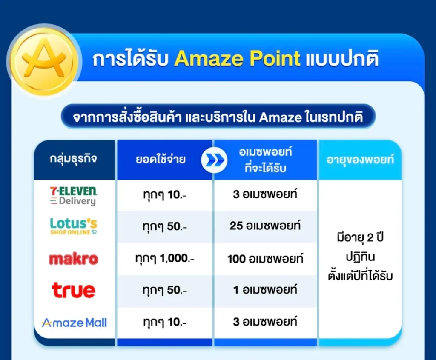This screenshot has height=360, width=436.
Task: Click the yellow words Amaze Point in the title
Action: point(237,59)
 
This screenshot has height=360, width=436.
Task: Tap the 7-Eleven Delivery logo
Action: point(74,196)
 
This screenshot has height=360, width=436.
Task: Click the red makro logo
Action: point(74,259)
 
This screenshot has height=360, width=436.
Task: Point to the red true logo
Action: point(74,290)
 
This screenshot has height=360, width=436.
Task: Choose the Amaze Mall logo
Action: point(74,323)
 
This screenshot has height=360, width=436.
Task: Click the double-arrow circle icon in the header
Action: point(214,160)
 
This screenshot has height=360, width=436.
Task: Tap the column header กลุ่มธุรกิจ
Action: point(73,159)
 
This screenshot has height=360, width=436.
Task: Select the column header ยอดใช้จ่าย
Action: point(161,159)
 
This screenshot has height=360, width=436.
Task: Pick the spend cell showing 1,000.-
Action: point(165,259)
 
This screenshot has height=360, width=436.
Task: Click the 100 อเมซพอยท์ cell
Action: point(265,259)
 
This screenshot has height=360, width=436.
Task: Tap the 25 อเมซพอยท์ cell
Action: point(265,226)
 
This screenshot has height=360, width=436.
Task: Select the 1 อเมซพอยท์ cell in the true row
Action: point(265,290)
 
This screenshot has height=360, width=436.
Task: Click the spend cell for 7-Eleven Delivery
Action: point(165,194)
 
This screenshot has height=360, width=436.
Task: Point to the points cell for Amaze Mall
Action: point(265,322)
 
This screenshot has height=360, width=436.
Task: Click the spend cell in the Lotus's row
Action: point(165,226)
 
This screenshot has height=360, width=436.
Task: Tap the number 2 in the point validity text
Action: point(370,238)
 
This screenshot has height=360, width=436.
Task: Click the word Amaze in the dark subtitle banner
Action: point(280,117)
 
